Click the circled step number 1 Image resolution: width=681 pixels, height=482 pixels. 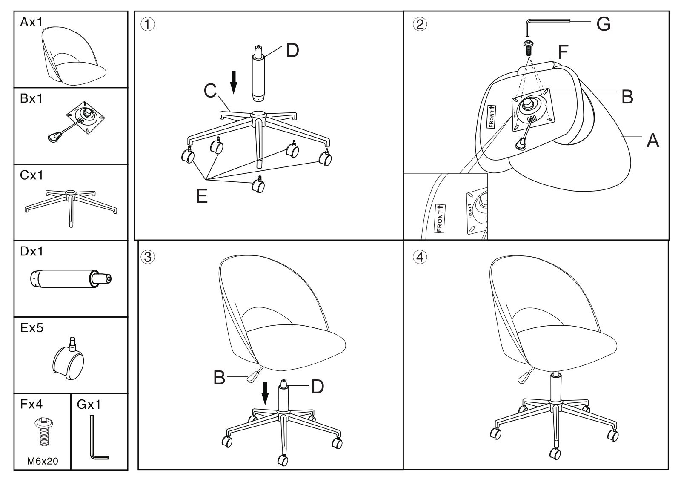click(147, 24)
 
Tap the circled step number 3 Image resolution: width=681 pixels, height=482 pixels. click(147, 257)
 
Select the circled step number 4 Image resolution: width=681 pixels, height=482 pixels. click(420, 257)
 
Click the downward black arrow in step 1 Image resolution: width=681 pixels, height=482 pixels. click(234, 83)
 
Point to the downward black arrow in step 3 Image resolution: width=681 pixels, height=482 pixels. click(265, 393)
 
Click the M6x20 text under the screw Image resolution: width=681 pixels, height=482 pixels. click(43, 461)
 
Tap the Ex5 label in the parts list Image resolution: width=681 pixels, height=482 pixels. click(31, 328)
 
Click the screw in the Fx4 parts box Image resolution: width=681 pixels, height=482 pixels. click(44, 432)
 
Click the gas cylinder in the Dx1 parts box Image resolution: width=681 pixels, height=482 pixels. click(71, 278)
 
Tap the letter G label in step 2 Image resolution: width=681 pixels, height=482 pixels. click(604, 24)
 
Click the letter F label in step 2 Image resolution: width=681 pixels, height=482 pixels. click(564, 52)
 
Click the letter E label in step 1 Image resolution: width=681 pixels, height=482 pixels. click(202, 196)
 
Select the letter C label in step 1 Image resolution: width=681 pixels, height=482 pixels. click(210, 91)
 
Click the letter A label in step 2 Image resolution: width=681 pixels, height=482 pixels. click(653, 141)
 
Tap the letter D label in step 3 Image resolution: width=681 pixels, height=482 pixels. click(318, 387)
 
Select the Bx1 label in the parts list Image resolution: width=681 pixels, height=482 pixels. click(31, 98)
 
